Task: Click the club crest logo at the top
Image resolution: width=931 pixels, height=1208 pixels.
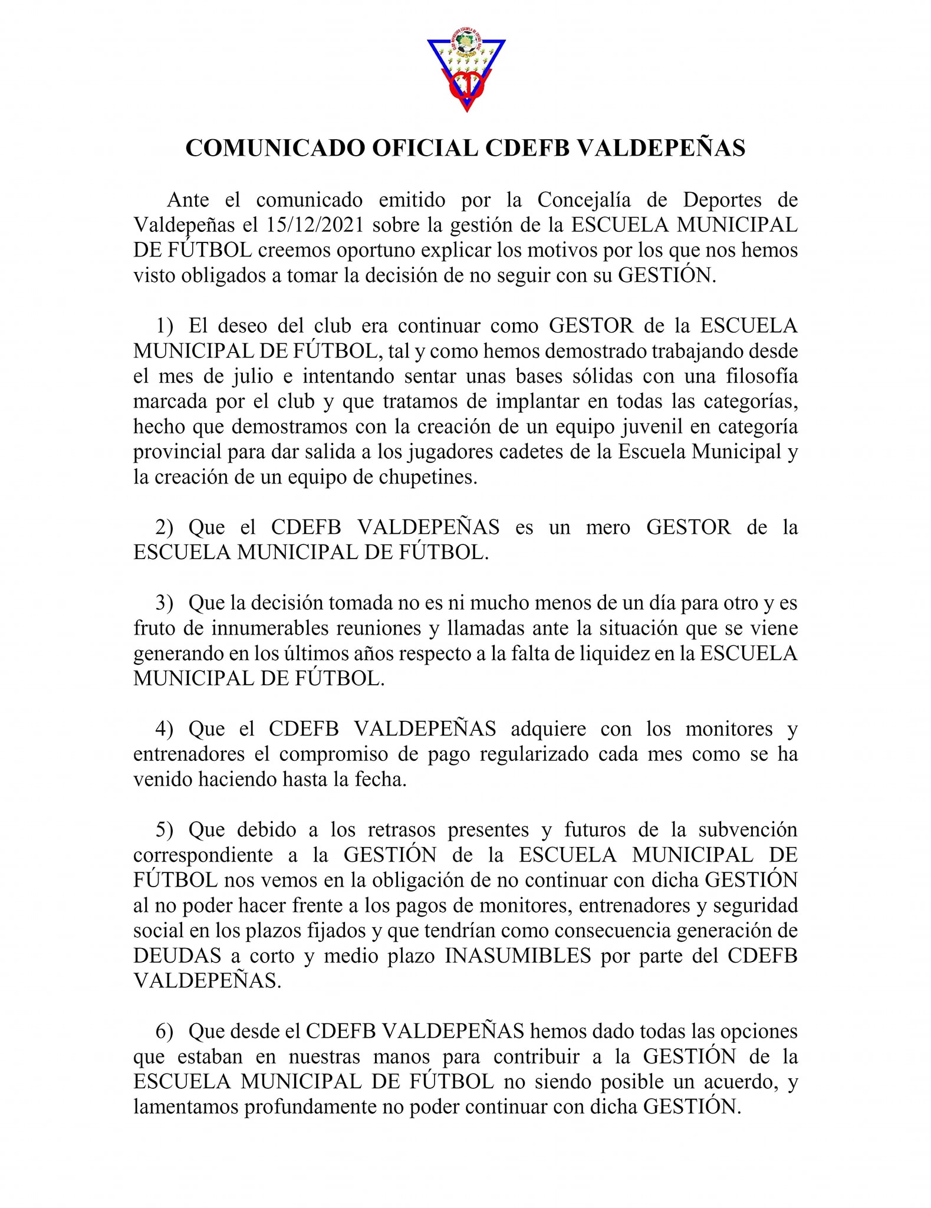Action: coord(466,73)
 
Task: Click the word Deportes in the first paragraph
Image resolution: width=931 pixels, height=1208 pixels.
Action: coord(722,200)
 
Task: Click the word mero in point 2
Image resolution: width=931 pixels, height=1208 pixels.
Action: coord(608,527)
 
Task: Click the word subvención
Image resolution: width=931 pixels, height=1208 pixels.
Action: coord(747,830)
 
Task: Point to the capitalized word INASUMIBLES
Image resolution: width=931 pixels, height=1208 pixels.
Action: coord(518,956)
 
